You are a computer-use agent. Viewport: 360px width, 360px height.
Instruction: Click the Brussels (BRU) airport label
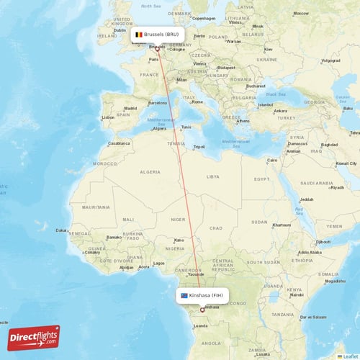coord(161,34)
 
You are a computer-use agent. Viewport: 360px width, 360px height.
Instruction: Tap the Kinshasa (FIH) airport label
coord(207,295)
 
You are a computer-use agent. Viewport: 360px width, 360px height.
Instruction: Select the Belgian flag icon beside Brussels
coord(139,34)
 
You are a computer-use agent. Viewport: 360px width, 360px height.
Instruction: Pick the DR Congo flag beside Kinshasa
coord(185,295)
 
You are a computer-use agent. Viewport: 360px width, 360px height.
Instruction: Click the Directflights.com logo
coord(34,337)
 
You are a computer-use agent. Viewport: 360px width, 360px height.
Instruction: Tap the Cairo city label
coord(272,160)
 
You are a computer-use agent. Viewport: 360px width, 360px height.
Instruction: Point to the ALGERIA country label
coord(150,173)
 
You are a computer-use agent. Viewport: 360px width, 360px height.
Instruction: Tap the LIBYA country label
coord(212,176)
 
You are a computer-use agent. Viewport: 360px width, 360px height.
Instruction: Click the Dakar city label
coord(62,230)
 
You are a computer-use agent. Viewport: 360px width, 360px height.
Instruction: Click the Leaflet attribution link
coord(350,356)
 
